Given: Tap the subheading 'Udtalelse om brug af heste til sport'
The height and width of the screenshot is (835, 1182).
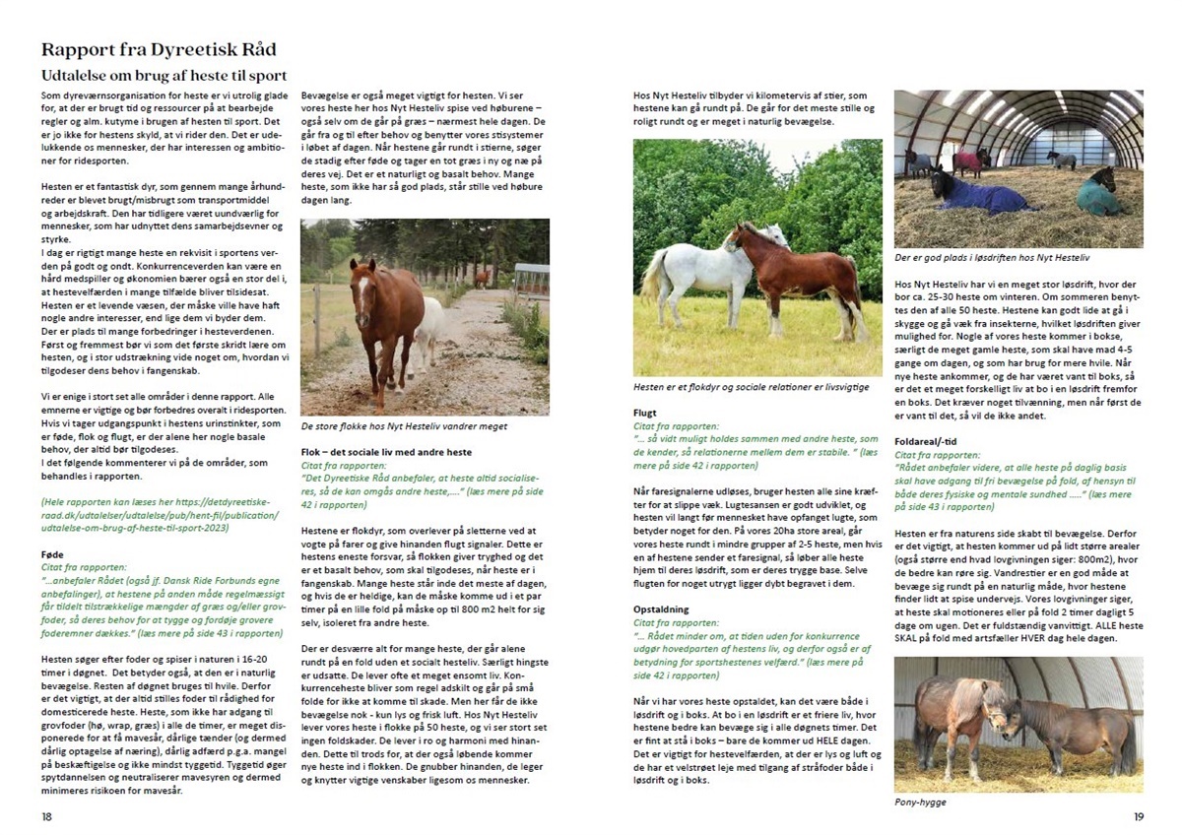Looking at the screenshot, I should click(164, 75).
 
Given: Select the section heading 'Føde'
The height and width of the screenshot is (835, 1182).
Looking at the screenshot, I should click(53, 553).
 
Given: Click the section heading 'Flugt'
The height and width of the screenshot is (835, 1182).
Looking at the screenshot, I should click(646, 413).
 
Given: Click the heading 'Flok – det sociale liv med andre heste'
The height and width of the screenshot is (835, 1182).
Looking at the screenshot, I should click(385, 451).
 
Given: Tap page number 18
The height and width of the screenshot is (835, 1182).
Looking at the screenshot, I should click(47, 816).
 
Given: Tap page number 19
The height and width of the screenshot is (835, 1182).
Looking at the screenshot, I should click(1138, 816).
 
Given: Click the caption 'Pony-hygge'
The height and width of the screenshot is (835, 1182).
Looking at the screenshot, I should click(920, 803).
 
